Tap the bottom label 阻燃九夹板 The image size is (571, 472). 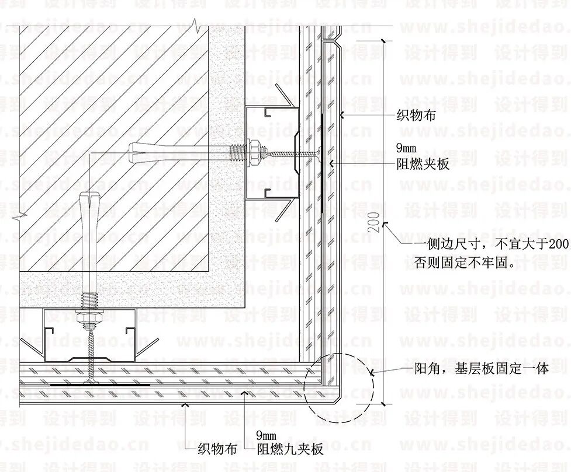[290, 449]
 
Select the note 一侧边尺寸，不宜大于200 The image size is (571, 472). [491, 243]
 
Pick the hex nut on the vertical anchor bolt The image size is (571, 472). [89, 319]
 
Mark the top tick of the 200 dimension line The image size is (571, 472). [383, 40]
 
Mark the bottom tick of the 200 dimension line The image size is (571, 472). [383, 403]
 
